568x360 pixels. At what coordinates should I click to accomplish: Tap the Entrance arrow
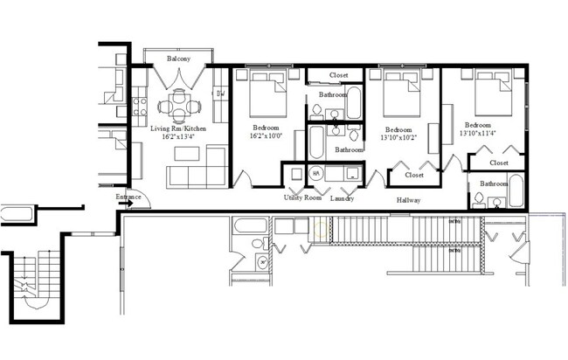click(x=127, y=204)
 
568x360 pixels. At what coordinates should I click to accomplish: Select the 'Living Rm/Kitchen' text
click(x=179, y=128)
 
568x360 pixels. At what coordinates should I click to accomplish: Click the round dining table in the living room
click(x=179, y=108)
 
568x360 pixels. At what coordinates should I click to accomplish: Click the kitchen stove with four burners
click(x=139, y=106)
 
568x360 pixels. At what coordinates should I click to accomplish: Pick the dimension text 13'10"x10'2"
click(x=398, y=136)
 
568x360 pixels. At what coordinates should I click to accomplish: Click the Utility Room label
click(x=302, y=198)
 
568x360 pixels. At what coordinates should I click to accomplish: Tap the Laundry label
click(x=342, y=198)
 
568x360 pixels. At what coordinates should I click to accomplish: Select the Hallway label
click(x=407, y=200)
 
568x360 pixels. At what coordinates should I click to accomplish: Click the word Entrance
click(x=128, y=197)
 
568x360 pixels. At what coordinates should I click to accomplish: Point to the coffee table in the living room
click(x=187, y=154)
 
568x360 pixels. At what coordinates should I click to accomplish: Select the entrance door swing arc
click(x=142, y=202)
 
